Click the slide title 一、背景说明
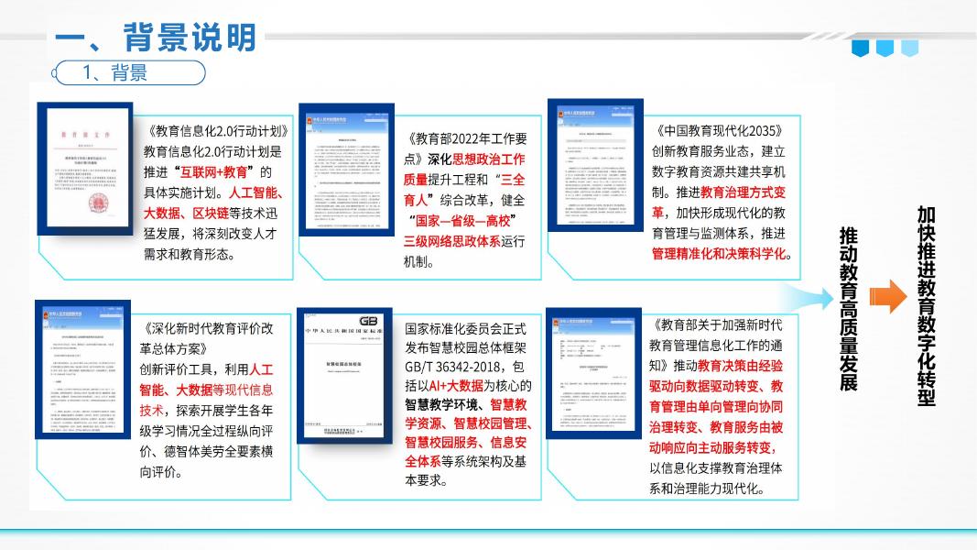[155, 38]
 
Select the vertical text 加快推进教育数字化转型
[926, 307]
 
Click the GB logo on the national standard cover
[368, 321]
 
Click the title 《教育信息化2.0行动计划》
[217, 131]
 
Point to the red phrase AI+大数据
[454, 387]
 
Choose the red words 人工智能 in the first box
[258, 192]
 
